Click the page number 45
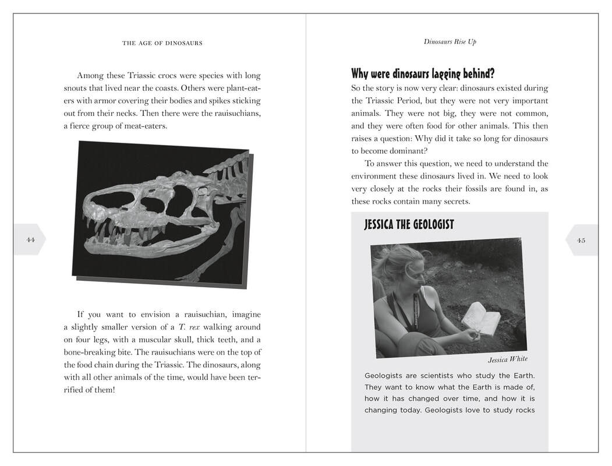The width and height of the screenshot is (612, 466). point(581,239)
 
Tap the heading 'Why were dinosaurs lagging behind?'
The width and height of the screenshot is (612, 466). point(423,74)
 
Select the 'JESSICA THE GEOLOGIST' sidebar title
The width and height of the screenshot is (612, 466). point(409,225)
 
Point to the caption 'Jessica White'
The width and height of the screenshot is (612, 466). point(507,359)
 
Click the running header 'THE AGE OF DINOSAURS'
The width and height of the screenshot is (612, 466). point(162,43)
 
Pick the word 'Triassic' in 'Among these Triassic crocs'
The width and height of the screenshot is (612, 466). point(136,76)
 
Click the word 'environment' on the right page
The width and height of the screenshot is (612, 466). point(375,176)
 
